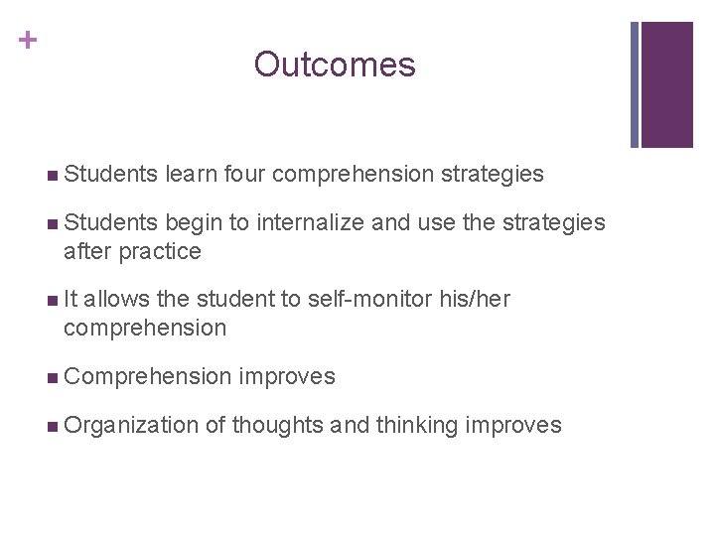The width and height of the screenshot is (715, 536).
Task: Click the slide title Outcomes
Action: pos(335,66)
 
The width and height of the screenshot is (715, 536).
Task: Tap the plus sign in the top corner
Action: pos(28,41)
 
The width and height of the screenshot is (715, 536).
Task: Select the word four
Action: pos(244,175)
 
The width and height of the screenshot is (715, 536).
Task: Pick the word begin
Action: pos(195,223)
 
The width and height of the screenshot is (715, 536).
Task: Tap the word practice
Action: pos(160,252)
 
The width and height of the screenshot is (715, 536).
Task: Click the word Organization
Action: pos(131,426)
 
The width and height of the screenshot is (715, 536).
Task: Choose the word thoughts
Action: pos(278,426)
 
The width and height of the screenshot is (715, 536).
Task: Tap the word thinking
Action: pos(416,426)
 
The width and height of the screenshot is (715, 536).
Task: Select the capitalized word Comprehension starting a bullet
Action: pos(146,377)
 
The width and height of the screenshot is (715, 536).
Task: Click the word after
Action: pos(87,252)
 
